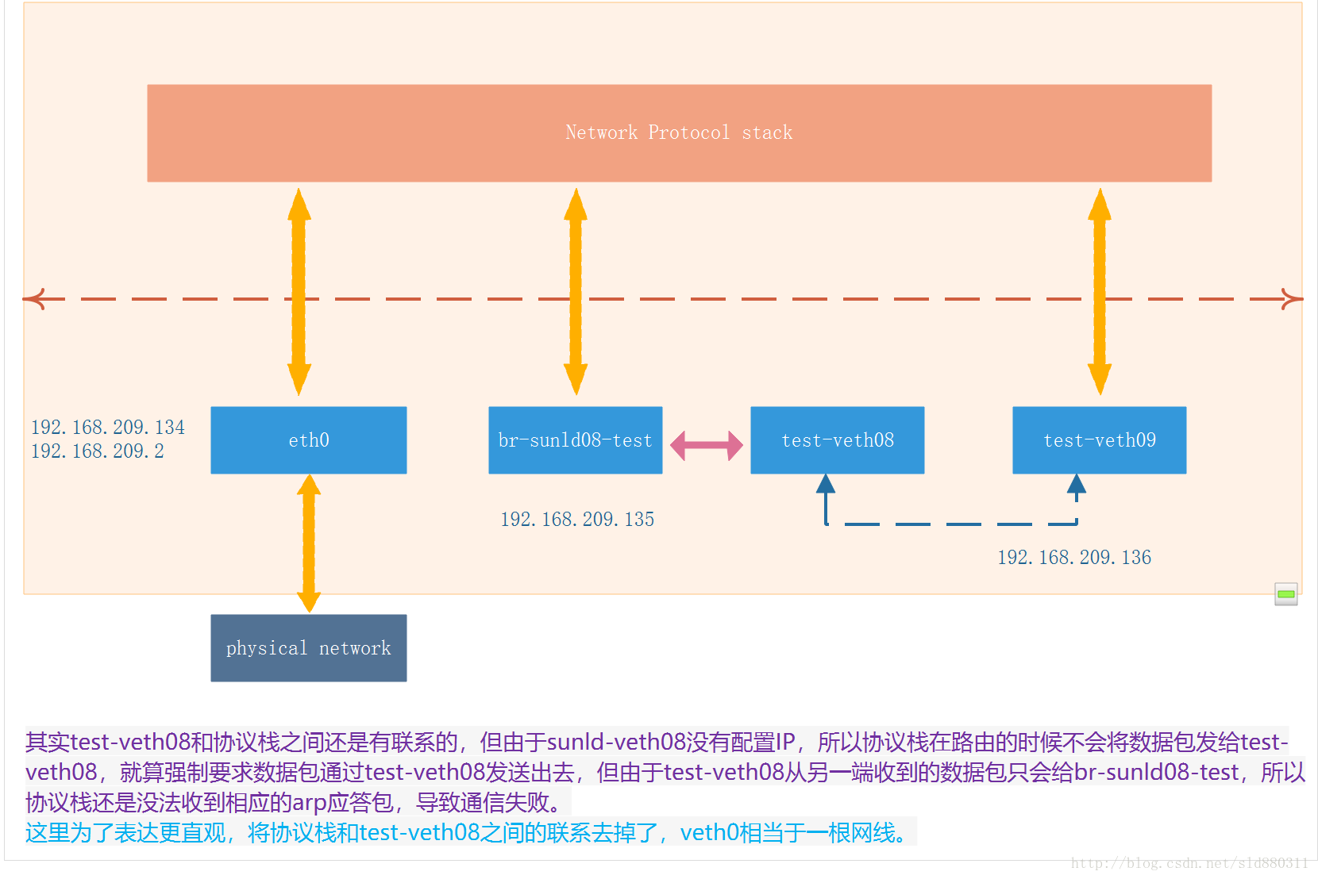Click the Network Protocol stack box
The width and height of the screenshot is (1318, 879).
coord(679,133)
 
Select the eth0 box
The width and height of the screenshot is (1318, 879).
coord(308,440)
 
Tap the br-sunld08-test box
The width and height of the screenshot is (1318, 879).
coord(575,440)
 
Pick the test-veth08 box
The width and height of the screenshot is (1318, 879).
coord(837,440)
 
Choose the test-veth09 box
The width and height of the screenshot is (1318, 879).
coord(1099,440)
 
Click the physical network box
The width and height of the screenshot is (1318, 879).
coord(308,648)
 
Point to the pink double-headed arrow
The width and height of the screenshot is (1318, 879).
coord(706,445)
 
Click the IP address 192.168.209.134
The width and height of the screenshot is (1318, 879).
coord(108,428)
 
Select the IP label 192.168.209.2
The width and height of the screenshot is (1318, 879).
coord(98,451)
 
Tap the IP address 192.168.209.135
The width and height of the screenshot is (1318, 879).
coord(577,520)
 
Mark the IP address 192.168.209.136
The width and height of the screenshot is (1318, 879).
coord(1074,558)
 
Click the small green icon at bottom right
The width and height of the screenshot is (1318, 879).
coord(1285,594)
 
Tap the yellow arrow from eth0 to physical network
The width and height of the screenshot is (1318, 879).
coord(309,543)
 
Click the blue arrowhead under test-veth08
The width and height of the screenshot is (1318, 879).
coord(826,484)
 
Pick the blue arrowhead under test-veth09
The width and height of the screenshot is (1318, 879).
coord(1077,484)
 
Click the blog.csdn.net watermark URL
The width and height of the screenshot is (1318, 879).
coord(1189,863)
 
